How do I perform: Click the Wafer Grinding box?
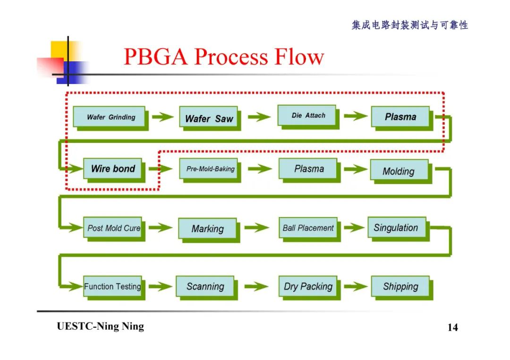point(110,117)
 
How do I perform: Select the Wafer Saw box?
point(209,118)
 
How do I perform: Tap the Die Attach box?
point(308,116)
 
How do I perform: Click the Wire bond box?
point(113,169)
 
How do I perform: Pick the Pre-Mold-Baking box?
point(210,169)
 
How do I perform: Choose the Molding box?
point(399,171)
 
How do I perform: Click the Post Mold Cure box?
point(113,228)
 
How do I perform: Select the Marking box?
point(207,229)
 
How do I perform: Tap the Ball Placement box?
point(308,228)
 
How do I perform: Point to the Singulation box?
point(396,228)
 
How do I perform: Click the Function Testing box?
point(112,286)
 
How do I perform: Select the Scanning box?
point(205,286)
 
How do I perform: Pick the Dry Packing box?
point(308,286)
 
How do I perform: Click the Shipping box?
point(400,286)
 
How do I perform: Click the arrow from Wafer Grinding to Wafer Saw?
point(163,117)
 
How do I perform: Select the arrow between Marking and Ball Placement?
point(257,228)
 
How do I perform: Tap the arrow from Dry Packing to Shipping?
point(356,286)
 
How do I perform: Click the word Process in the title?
point(231,57)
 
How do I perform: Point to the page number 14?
point(452,327)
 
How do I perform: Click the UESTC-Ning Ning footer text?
point(100,327)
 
